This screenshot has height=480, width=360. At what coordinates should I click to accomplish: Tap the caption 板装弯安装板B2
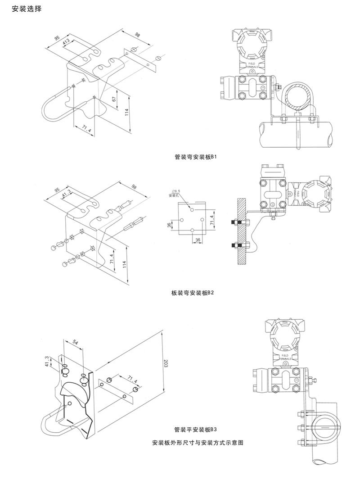[192, 293]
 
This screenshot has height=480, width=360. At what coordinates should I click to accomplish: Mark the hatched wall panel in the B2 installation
[243, 232]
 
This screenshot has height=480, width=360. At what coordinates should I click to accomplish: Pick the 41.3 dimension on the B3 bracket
[47, 361]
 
